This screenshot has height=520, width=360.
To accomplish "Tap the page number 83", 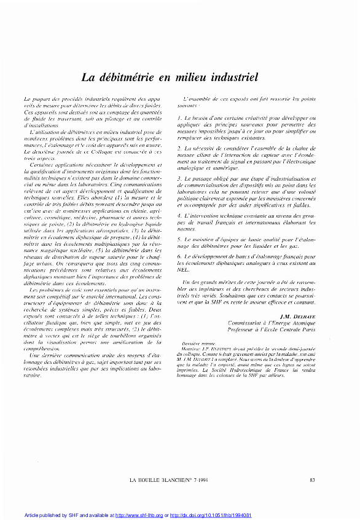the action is pyautogui.click(x=313, y=479).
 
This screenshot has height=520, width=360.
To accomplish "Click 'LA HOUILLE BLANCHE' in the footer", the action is pyautogui.click(x=159, y=479).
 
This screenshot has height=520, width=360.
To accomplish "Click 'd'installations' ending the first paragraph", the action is pyautogui.click(x=38, y=125).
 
